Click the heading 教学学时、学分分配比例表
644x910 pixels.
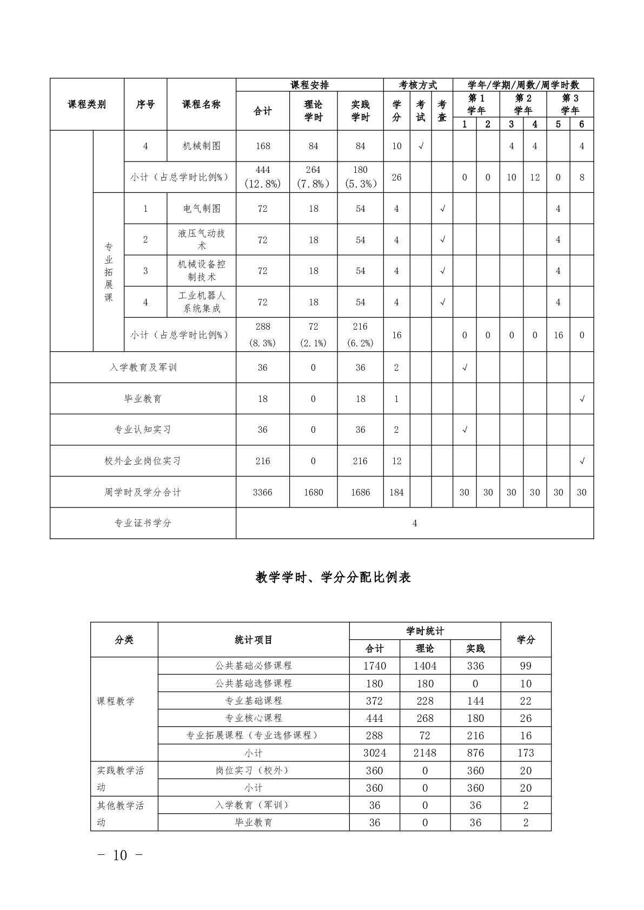(x=333, y=577)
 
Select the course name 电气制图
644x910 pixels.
(x=202, y=209)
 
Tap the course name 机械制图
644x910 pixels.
(x=202, y=146)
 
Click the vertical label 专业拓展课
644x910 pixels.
(x=109, y=272)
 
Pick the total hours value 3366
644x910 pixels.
(x=263, y=492)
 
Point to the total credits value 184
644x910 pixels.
(x=396, y=492)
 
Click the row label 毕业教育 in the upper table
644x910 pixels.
(x=143, y=399)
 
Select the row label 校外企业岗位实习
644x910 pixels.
(x=143, y=461)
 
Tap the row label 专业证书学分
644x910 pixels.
(x=143, y=523)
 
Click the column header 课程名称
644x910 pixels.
(x=202, y=104)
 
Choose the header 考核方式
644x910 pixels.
(x=418, y=85)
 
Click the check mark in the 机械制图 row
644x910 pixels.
(x=421, y=146)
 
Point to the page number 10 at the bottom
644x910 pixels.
(x=120, y=855)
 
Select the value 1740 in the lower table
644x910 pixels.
(x=374, y=666)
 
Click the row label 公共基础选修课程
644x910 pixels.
(x=254, y=684)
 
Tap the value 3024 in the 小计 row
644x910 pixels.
(x=374, y=753)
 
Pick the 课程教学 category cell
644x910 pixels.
(x=116, y=701)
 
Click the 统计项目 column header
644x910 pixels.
(x=254, y=640)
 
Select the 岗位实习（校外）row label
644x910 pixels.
(x=254, y=771)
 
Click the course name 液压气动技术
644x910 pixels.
(x=202, y=239)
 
